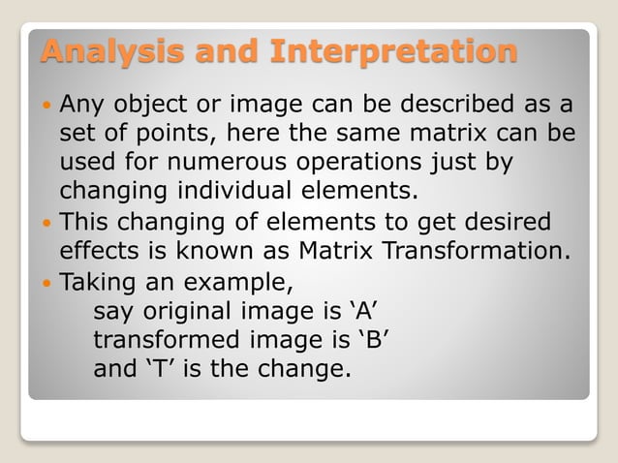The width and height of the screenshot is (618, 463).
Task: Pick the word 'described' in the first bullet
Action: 443,103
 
